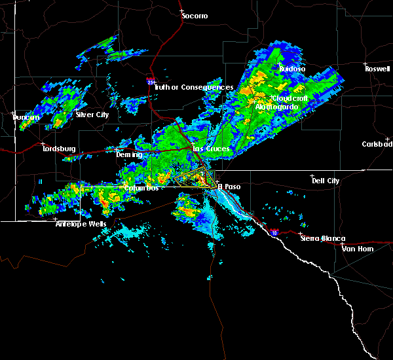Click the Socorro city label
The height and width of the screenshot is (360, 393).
click(x=195, y=15)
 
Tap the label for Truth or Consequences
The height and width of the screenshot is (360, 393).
click(x=195, y=88)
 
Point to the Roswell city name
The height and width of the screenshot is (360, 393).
click(x=379, y=68)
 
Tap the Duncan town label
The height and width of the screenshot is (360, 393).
click(x=26, y=117)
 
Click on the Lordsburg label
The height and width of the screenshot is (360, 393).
click(x=59, y=149)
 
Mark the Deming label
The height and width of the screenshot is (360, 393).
click(x=128, y=154)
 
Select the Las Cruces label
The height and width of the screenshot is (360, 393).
click(x=210, y=149)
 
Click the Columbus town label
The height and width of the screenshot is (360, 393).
click(x=141, y=188)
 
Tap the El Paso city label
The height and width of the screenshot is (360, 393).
click(x=229, y=186)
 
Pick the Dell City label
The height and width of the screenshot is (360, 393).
click(x=326, y=180)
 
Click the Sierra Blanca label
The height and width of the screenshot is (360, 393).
click(x=322, y=239)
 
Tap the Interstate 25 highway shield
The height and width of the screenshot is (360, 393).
click(x=151, y=82)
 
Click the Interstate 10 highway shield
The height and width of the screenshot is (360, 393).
click(x=273, y=232)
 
